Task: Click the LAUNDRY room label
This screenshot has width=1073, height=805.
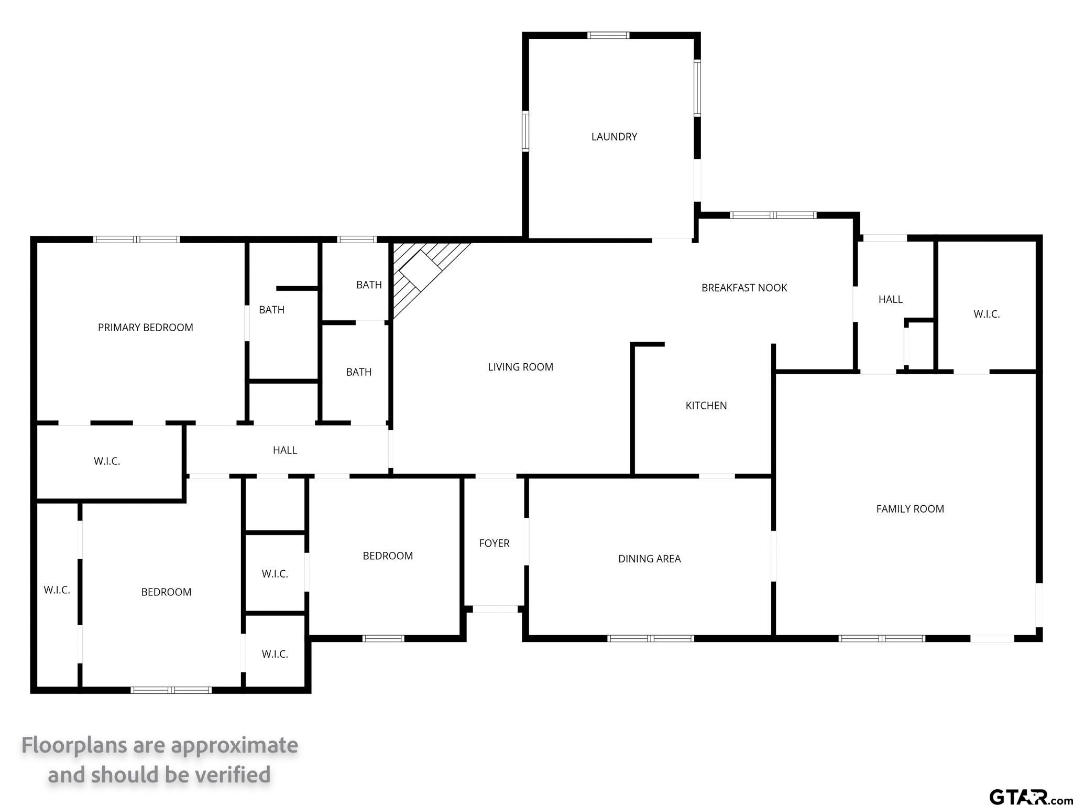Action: (614, 137)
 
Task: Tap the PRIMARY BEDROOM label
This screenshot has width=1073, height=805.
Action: (146, 328)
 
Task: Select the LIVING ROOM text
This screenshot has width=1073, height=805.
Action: (520, 367)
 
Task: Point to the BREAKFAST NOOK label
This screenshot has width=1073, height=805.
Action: (744, 288)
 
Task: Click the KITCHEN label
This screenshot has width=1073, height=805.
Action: (706, 406)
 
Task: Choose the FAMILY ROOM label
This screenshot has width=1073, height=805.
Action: (910, 509)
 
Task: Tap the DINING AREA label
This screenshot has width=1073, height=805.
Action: (650, 559)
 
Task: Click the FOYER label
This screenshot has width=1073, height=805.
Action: (494, 543)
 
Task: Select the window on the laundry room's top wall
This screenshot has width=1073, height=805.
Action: (608, 36)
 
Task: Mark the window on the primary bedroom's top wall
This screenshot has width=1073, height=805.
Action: (137, 240)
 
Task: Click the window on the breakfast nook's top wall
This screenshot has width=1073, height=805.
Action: (773, 215)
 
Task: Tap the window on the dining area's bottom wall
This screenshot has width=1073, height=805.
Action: (651, 638)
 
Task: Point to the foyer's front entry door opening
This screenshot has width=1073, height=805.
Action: (496, 609)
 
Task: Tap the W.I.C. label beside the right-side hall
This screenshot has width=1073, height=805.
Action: (987, 314)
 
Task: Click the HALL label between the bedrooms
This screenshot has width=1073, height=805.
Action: (285, 450)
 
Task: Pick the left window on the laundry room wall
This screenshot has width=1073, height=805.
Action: (525, 131)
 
